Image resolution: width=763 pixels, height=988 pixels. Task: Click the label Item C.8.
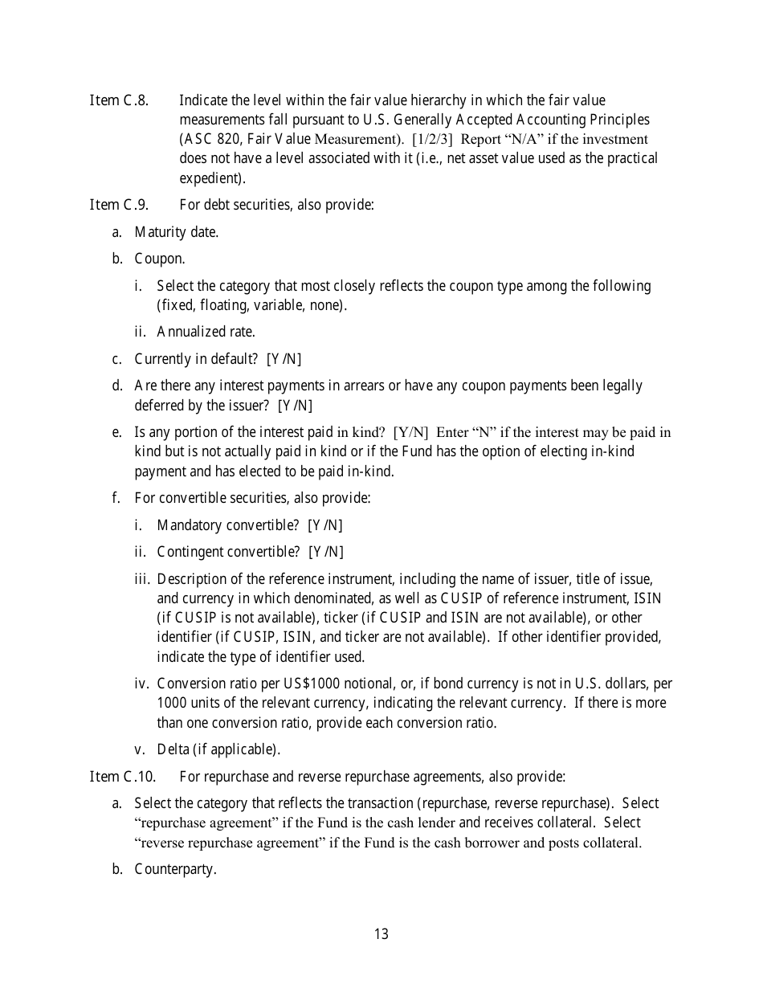tap(119, 100)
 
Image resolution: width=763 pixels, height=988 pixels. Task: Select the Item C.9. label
tap(119, 205)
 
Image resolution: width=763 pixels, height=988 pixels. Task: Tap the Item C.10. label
tap(122, 777)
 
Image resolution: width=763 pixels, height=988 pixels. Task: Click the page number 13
tap(381, 934)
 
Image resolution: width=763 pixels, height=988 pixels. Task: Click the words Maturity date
tap(176, 232)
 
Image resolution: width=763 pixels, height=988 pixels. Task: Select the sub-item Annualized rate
tap(206, 332)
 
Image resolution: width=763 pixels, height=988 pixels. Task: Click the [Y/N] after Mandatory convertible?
tap(324, 525)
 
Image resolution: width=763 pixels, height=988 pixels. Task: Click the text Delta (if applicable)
tap(218, 750)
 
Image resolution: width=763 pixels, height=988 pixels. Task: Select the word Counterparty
tap(175, 869)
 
